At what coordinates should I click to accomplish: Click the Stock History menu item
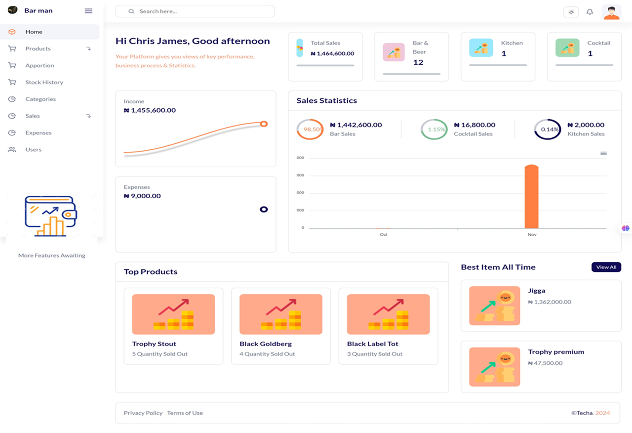pyautogui.click(x=44, y=83)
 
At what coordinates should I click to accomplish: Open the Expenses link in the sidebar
pyautogui.click(x=38, y=133)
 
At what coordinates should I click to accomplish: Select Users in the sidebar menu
pyautogui.click(x=33, y=150)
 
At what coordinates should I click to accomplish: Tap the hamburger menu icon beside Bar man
pyautogui.click(x=88, y=11)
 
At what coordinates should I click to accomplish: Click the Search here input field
pyautogui.click(x=197, y=11)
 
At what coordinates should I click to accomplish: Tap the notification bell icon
pyautogui.click(x=590, y=12)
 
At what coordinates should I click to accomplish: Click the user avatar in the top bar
pyautogui.click(x=612, y=12)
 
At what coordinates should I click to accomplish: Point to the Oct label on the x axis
pyautogui.click(x=384, y=234)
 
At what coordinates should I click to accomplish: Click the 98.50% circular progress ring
pyautogui.click(x=310, y=130)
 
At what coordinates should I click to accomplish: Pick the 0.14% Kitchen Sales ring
pyautogui.click(x=548, y=130)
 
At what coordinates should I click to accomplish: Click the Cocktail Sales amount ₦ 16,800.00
pyautogui.click(x=474, y=125)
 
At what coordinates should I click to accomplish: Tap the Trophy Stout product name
pyautogui.click(x=154, y=344)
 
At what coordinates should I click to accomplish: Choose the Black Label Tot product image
pyautogui.click(x=388, y=314)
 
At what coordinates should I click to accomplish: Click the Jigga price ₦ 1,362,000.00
pyautogui.click(x=550, y=302)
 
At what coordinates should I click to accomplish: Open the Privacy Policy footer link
pyautogui.click(x=143, y=413)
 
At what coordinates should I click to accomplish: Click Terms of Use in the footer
pyautogui.click(x=185, y=413)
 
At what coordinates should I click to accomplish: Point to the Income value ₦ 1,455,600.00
pyautogui.click(x=150, y=111)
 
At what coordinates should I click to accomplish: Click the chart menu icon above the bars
pyautogui.click(x=603, y=154)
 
